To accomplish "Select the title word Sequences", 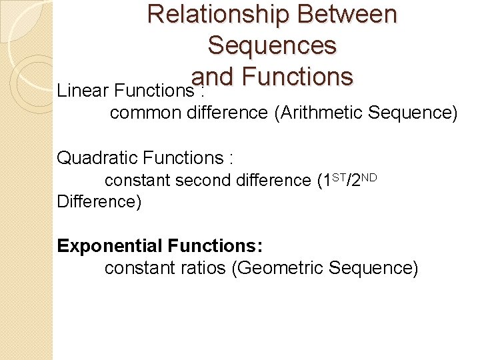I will [x=272, y=45].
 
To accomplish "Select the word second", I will [x=204, y=181].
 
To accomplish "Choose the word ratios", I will [x=202, y=269].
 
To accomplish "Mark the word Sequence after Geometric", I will [x=382, y=269].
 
